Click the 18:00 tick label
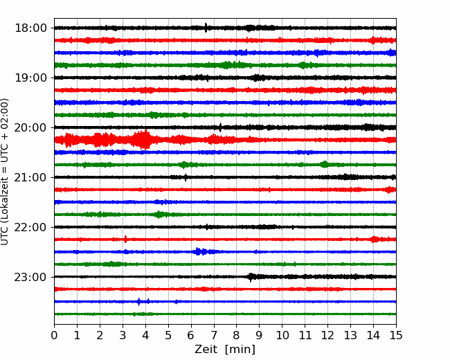[x=30, y=28]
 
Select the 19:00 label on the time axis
[x=30, y=78]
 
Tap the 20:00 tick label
[x=30, y=127]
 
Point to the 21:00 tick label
[x=30, y=177]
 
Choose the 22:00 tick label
[x=30, y=227]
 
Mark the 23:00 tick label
[x=30, y=277]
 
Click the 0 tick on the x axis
[x=54, y=335]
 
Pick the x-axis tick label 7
[x=214, y=335]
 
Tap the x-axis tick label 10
[x=282, y=335]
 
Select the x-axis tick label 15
[x=396, y=335]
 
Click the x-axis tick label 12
[x=327, y=335]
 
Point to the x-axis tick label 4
[x=145, y=335]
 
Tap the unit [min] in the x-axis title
[x=240, y=350]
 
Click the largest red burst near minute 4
[x=143, y=140]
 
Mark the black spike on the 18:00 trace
[x=206, y=28]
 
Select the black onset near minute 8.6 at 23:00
[x=251, y=277]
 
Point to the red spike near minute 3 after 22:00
[x=125, y=239]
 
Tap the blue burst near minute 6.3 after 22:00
[x=201, y=251]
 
